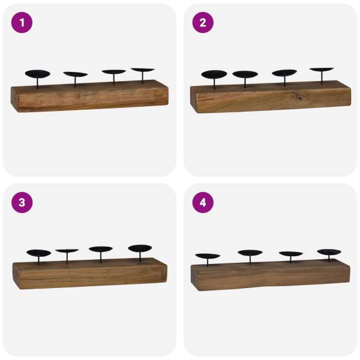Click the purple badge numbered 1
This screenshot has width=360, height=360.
tap(22, 23)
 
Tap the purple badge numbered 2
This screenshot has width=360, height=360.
tap(203, 23)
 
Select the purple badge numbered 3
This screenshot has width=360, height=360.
tap(22, 203)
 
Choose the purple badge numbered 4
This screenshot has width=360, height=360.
tap(203, 203)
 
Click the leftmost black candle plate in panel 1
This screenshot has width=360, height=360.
tap(38, 74)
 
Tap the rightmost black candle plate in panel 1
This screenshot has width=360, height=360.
tap(143, 70)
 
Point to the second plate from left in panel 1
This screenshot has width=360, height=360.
tap(76, 74)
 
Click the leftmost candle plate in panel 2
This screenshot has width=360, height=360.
tap(214, 74)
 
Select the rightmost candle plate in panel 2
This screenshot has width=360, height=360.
tap(322, 70)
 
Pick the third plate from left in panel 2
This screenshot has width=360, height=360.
tap(284, 73)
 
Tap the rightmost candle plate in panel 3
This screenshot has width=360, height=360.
tap(140, 248)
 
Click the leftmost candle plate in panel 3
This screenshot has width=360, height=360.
tap(39, 253)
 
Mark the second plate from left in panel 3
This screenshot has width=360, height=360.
tap(67, 251)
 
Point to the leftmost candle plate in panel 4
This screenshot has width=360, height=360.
tap(208, 256)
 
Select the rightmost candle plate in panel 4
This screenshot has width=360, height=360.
tap(329, 252)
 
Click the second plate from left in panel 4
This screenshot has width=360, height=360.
tap(250, 253)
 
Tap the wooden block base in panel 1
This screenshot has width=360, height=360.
tap(90, 96)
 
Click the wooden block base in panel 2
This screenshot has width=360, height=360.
tap(271, 97)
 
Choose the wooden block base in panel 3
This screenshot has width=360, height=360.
tap(90, 273)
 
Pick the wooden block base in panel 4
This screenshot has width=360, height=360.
tap(271, 275)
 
